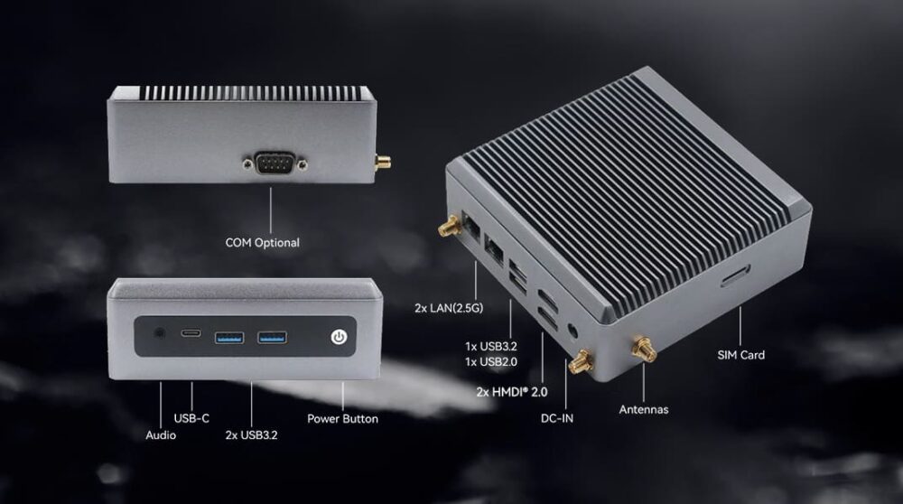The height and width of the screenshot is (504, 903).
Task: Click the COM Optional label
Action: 262,242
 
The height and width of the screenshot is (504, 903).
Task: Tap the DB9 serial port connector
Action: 275,163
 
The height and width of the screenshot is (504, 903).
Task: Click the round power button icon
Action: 339,337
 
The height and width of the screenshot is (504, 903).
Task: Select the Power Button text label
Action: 342,419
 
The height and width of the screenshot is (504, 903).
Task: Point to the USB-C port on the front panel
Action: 191,333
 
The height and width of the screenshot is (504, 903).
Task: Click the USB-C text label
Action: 191,418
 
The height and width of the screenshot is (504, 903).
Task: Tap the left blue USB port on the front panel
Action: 229,338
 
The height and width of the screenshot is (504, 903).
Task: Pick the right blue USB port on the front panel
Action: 272,337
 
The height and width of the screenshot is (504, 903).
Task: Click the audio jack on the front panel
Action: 160,333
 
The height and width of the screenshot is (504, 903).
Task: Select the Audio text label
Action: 161,434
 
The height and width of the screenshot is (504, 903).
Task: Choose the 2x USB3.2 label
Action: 251,434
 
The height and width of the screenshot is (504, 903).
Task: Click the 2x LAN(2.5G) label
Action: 449,308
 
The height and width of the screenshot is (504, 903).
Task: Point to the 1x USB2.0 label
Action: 491,361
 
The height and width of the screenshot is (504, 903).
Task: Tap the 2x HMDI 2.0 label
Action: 512,392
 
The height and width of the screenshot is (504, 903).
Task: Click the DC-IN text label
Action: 557,419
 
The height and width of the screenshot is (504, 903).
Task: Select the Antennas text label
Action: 644,409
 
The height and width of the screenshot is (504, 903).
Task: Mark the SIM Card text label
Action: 741,355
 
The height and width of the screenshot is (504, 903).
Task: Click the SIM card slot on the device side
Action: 735,275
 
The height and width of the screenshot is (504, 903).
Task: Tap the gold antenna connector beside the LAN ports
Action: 449,227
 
